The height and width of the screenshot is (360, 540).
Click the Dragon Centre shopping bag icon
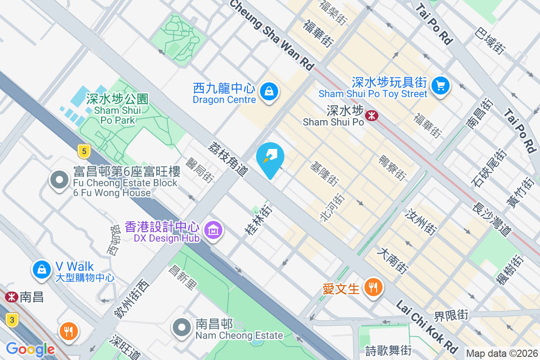tap(269, 91)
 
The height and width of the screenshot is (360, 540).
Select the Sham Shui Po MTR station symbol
tap(372, 116)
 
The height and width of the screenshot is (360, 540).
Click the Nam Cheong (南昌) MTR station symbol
tap(11, 297)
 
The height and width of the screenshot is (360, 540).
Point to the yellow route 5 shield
tap(83, 151)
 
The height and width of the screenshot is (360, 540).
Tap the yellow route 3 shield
tap(12, 320)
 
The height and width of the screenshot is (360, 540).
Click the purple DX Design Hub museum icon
tap(213, 230)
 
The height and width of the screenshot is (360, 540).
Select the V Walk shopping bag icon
tap(41, 269)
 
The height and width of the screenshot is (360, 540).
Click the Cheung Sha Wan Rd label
tap(272, 34)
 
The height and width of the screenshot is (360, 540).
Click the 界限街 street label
tap(451, 315)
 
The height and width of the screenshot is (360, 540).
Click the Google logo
tap(30, 349)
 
